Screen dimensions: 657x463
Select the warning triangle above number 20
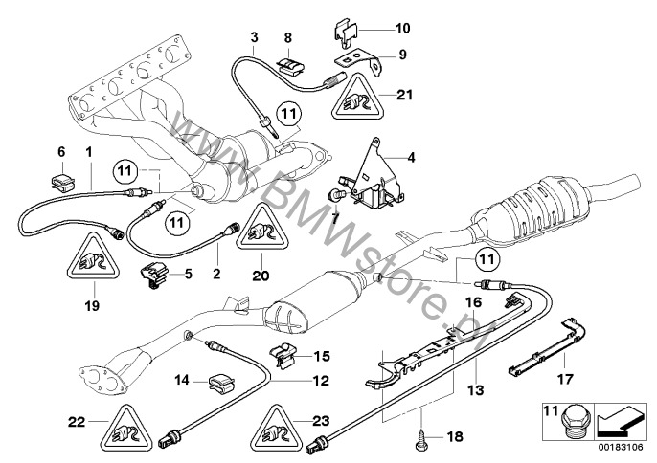(x=262, y=228)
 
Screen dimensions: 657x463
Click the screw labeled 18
(x=419, y=437)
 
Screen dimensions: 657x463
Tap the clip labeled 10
(x=346, y=33)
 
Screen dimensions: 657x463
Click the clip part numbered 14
(x=221, y=383)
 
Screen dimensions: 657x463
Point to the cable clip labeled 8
(x=291, y=65)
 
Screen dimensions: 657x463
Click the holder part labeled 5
(x=153, y=276)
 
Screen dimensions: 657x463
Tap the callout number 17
(x=564, y=379)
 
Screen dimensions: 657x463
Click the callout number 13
(x=476, y=390)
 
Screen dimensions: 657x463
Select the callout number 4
(x=411, y=158)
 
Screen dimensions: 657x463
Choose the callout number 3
(x=255, y=37)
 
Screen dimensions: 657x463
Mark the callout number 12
(x=321, y=381)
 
